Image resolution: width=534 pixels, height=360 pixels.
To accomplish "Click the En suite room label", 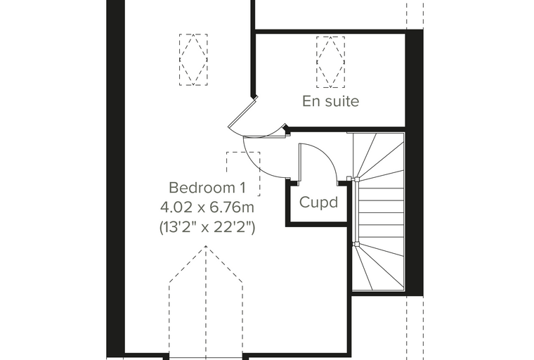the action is pos(330,101).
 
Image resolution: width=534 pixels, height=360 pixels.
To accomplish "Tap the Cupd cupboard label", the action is pos(319,202).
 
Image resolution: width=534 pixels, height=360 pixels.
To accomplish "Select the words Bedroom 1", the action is pos(207,188).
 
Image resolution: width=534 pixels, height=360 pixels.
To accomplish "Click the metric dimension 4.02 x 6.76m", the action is pos(207,207).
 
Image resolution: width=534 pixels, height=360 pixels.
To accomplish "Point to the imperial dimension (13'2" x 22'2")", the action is pos(207,226).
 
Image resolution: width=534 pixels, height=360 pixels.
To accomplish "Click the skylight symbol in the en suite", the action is pos(330,62).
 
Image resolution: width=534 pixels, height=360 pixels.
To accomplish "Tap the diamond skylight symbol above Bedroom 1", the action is pos(193,59).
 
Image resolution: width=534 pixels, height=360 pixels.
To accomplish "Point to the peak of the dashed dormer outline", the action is pos(206,246).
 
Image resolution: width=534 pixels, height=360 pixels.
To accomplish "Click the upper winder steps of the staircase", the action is pos(378,155).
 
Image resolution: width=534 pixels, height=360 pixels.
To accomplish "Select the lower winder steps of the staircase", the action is pos(378,267).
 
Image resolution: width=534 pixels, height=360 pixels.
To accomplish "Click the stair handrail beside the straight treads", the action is pos(356,212).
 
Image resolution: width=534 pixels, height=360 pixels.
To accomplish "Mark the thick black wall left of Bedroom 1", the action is pos(115,177).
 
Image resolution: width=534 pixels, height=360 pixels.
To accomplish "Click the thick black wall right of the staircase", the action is pos(414,162).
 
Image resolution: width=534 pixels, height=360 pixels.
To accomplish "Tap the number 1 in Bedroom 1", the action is pos(242,188).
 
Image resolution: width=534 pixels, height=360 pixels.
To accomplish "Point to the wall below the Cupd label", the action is pos(317,224).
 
